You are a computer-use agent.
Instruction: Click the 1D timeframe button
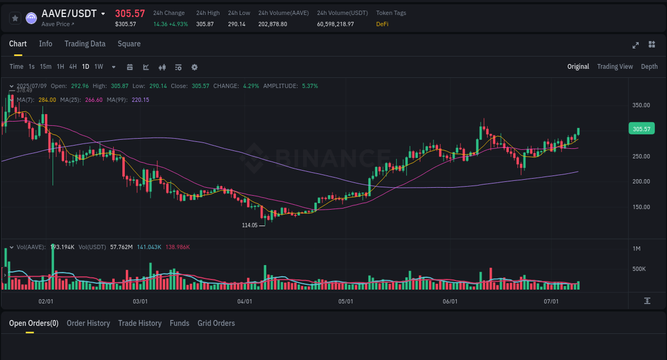[x=85, y=67]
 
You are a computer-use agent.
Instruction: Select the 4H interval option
[x=73, y=67]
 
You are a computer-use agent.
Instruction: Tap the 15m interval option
[x=46, y=67]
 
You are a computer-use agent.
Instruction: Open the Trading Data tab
[x=85, y=44]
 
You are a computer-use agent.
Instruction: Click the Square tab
[x=129, y=44]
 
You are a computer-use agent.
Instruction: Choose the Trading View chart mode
[x=615, y=67]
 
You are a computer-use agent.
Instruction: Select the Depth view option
[x=649, y=67]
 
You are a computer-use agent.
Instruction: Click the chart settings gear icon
[x=194, y=67]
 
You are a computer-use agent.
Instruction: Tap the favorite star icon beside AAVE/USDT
[x=15, y=18]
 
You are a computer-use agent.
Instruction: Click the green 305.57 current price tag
[x=642, y=129]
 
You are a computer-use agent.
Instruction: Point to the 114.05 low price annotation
[x=250, y=225]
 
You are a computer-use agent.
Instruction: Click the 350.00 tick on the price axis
[x=641, y=105]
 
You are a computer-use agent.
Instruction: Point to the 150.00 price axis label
[x=641, y=207]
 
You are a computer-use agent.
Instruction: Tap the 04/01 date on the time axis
[x=244, y=301]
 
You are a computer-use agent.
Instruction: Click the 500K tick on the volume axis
[x=639, y=269]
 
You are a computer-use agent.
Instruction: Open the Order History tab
[x=88, y=323]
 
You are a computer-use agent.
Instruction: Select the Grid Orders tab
[x=216, y=323]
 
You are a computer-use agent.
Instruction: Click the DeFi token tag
[x=382, y=24]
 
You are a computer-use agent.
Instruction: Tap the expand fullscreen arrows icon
[x=636, y=45]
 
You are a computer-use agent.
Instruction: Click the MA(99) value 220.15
[x=140, y=100]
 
